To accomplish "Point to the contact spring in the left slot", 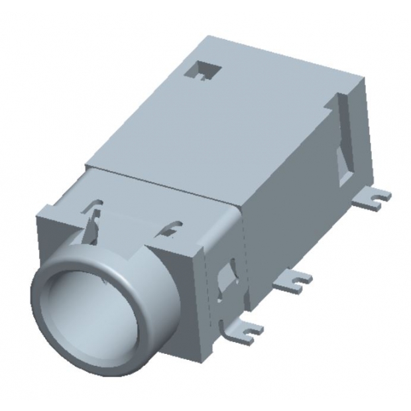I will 94,219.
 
